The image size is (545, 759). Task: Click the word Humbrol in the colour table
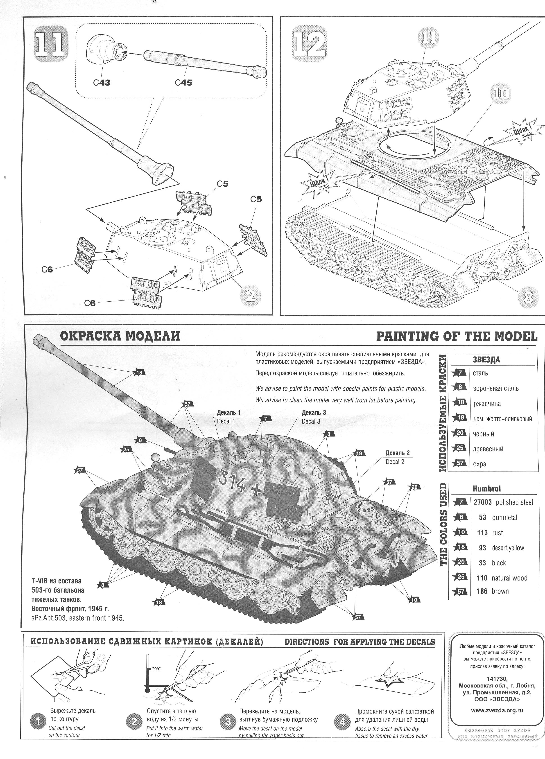pos(486,489)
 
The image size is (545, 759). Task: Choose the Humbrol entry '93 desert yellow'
pos(501,548)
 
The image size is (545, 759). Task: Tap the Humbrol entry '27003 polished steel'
pos(503,502)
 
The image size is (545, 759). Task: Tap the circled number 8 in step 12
pos(528,298)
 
